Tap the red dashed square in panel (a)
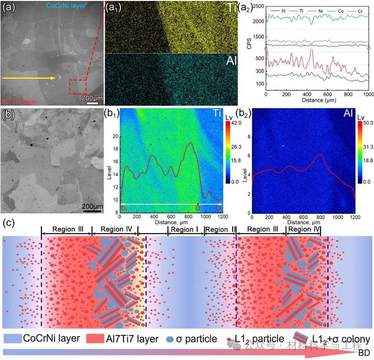click(77, 88)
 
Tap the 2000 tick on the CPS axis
click(258, 21)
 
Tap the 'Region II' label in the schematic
click(220, 229)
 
